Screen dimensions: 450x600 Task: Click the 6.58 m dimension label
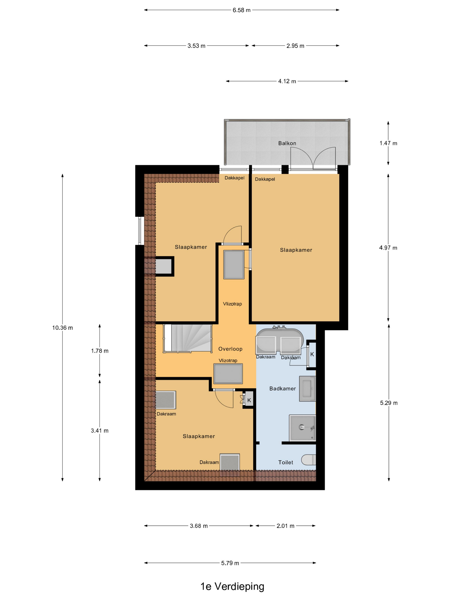click(241, 10)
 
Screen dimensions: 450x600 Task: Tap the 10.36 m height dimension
click(62, 328)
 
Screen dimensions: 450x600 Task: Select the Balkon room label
click(287, 143)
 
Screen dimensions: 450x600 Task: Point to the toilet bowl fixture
click(309, 459)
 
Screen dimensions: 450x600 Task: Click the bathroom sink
click(307, 388)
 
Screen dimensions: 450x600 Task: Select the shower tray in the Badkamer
click(302, 428)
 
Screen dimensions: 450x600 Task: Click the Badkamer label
click(282, 388)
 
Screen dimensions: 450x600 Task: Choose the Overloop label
click(230, 349)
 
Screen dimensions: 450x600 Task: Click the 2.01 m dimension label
click(285, 526)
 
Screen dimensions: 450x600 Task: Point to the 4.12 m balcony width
click(287, 81)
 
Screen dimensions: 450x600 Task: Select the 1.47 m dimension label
click(388, 143)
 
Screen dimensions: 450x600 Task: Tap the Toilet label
click(286, 462)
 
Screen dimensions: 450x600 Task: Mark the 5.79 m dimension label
click(230, 563)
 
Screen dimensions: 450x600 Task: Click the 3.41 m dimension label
click(100, 430)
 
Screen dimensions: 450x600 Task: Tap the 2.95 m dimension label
click(295, 46)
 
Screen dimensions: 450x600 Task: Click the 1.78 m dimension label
click(100, 351)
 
